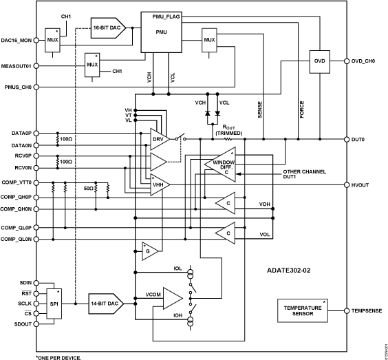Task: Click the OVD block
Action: pos(319,61)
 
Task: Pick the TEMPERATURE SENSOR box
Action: pos(303,310)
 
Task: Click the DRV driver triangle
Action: pos(157,138)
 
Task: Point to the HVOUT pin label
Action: pos(363,184)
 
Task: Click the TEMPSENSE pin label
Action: pos(367,311)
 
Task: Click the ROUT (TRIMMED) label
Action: pos(237,130)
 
